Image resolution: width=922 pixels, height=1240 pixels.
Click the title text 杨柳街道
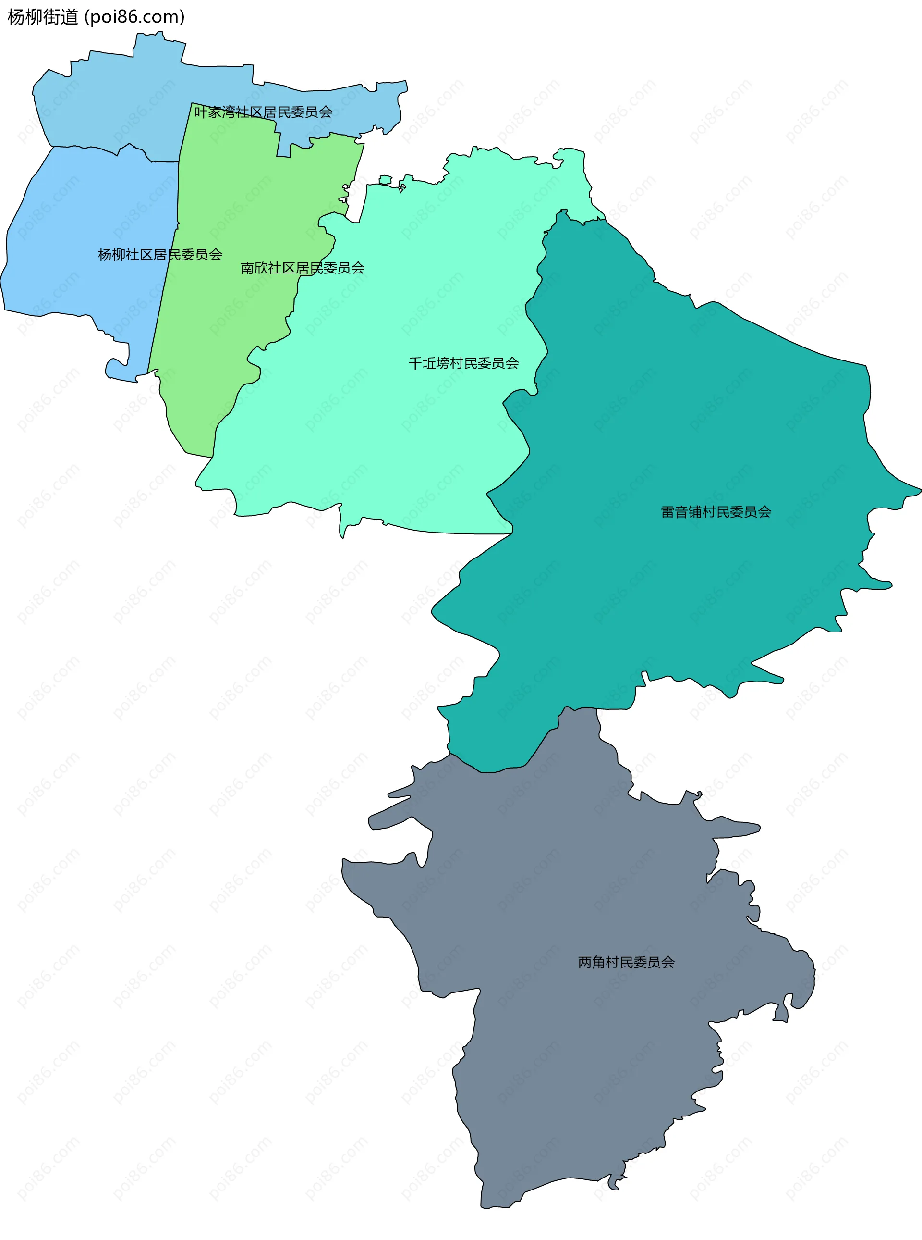[x=42, y=17]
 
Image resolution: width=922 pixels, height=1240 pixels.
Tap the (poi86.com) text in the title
[x=134, y=17]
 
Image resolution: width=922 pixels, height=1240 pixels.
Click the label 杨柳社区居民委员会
[x=160, y=255]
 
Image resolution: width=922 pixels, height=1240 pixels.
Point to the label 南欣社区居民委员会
[x=303, y=268]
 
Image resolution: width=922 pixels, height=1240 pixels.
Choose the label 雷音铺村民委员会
[x=716, y=512]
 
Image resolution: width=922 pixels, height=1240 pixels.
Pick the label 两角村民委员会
[x=626, y=962]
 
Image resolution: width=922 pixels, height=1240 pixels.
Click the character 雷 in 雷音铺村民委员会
[x=667, y=512]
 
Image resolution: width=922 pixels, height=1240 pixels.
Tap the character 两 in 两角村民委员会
[x=585, y=962]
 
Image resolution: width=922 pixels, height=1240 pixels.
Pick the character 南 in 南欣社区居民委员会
[x=247, y=268]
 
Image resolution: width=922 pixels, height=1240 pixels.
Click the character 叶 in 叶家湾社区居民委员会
[x=201, y=112]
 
